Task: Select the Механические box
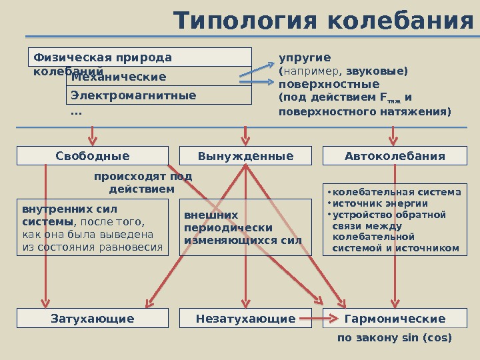[160, 77]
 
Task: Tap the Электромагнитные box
[160, 95]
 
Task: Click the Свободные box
[93, 156]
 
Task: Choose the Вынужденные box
[245, 156]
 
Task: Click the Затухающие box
[93, 319]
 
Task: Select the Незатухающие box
[245, 319]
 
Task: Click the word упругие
[305, 57]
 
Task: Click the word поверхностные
[329, 85]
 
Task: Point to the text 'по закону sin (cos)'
[395, 338]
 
